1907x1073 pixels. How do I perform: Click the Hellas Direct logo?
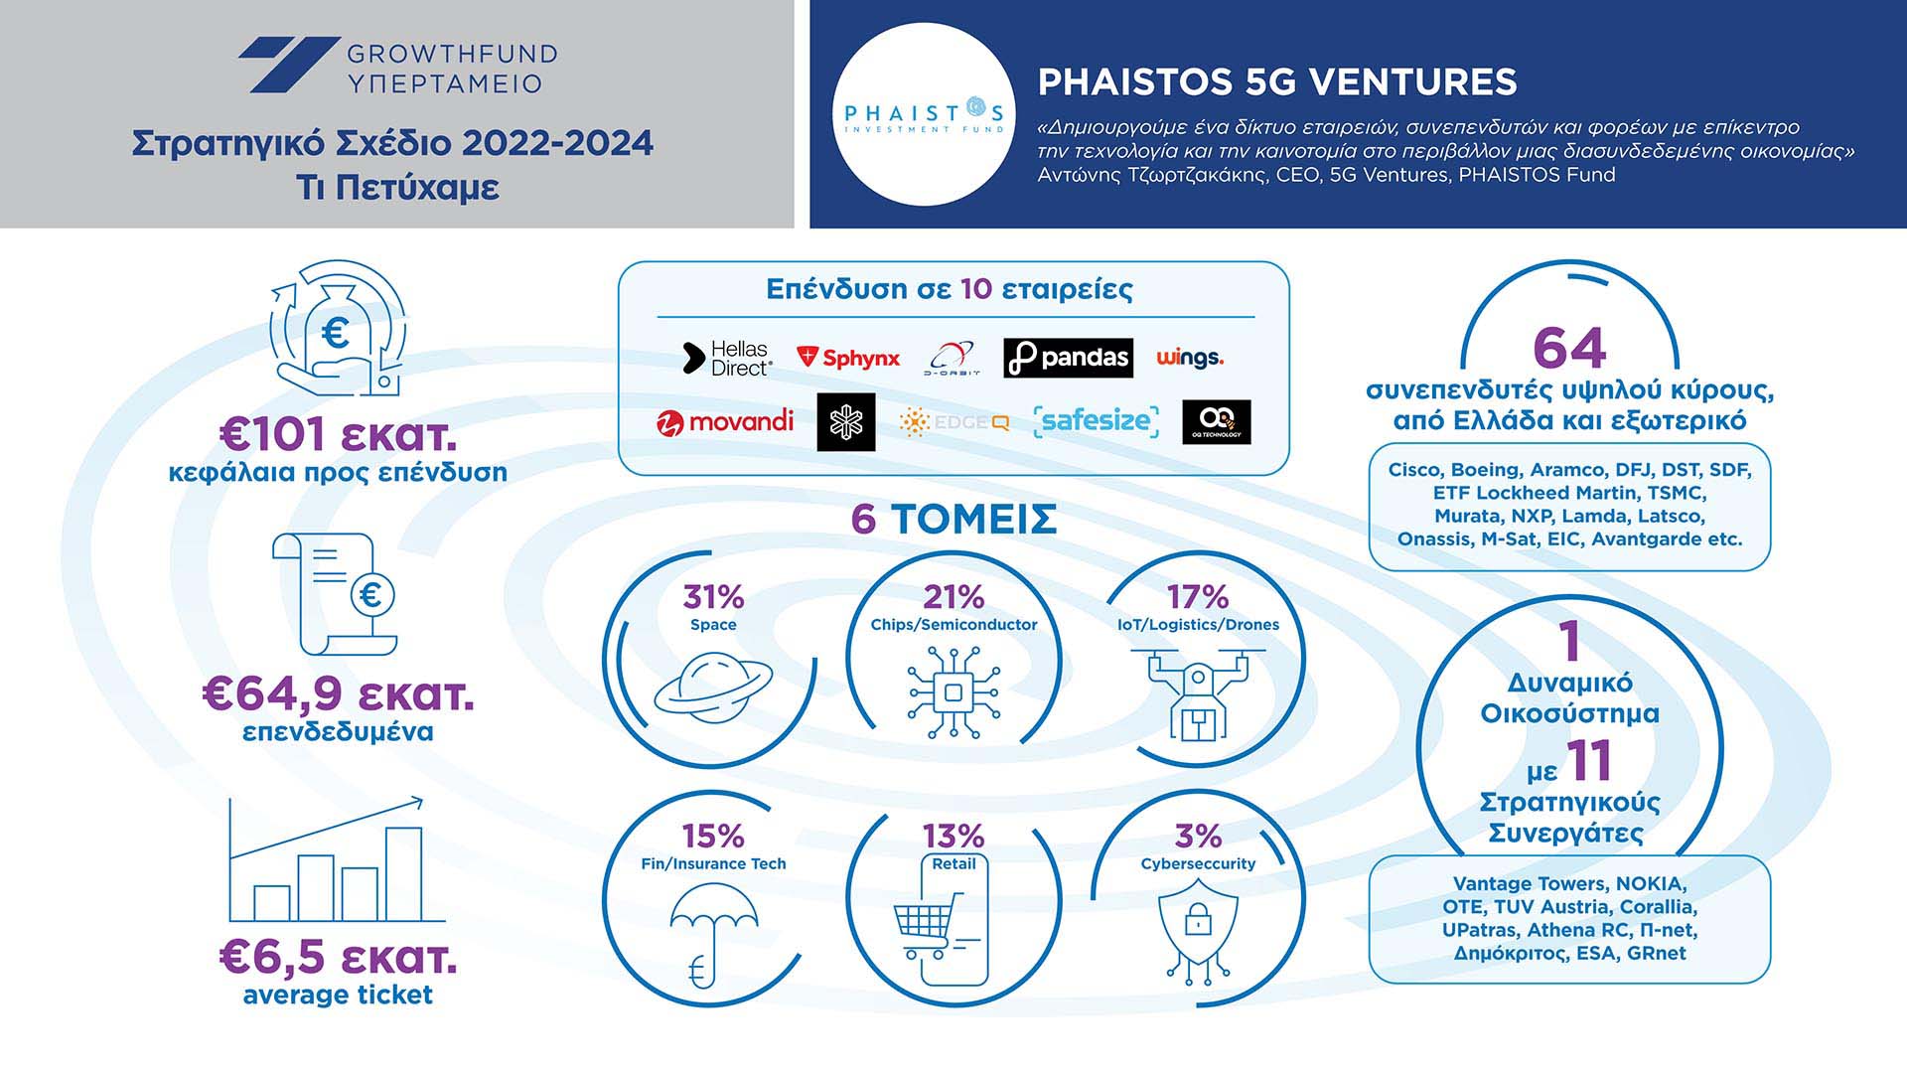(727, 358)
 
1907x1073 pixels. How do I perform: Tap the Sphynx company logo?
(848, 358)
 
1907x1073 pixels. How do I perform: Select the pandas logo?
(1068, 358)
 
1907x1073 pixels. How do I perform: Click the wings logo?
(1190, 358)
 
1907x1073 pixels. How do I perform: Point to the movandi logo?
(725, 422)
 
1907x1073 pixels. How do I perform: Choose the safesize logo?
(1097, 421)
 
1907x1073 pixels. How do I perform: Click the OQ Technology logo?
(1217, 422)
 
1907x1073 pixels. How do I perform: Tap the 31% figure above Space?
(713, 597)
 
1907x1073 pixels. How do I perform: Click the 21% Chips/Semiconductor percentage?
(953, 597)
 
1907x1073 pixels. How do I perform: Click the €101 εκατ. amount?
(338, 435)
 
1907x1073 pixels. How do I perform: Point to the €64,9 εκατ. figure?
(338, 694)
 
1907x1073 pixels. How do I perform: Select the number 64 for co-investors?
(1569, 348)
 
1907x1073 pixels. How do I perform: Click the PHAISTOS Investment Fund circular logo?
(924, 114)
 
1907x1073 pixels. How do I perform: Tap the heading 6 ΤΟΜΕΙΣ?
(953, 520)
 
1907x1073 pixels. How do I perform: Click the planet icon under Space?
(713, 687)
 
